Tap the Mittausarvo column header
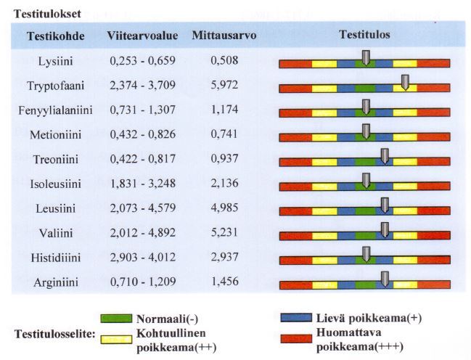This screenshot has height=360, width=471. (224, 36)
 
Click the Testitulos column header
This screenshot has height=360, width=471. (364, 35)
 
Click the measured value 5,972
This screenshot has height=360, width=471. (224, 86)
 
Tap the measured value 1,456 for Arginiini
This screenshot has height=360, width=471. (224, 283)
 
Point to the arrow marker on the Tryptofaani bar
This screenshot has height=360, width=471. (405, 83)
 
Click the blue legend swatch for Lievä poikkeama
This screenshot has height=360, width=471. (295, 318)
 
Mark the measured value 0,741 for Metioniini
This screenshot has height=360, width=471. (224, 135)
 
